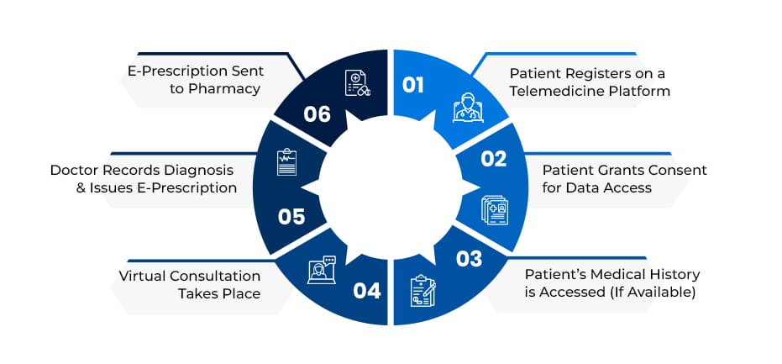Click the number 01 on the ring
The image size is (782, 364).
[413, 85]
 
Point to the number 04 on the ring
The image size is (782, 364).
[367, 291]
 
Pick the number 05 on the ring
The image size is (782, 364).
[291, 216]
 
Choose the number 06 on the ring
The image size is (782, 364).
[317, 114]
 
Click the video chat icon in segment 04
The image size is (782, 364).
[321, 270]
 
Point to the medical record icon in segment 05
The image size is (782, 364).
[287, 162]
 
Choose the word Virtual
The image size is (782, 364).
[148, 276]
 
